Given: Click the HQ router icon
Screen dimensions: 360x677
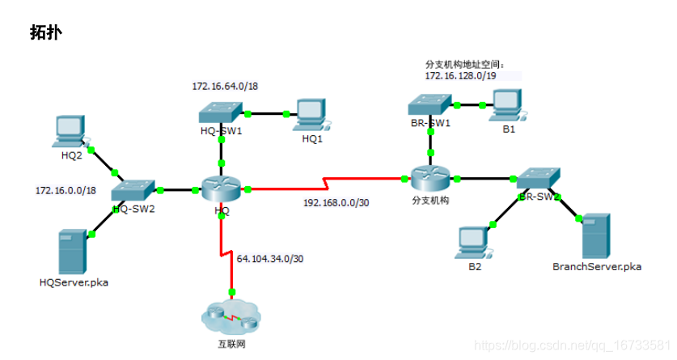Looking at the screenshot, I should click(222, 189).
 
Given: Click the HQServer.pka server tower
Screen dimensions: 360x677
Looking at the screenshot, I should click(71, 252).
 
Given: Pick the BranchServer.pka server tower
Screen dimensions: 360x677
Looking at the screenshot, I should click(595, 235).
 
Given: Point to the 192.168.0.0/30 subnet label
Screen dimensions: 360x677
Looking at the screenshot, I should click(336, 203).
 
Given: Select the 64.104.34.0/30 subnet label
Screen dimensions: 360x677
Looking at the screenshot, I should click(269, 259).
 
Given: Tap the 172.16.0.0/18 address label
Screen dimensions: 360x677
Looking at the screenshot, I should click(66, 190).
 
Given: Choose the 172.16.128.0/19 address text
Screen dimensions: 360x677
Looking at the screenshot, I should click(461, 75).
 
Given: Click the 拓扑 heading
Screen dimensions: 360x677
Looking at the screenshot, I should click(46, 32).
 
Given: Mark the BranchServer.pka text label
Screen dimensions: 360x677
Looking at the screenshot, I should click(597, 266).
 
